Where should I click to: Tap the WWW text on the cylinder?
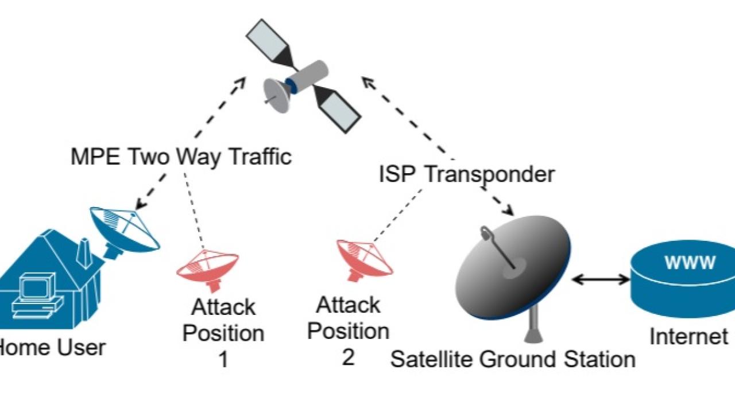pos(690,263)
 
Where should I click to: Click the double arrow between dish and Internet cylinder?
pos(601,279)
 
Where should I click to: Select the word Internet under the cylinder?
pos(688,337)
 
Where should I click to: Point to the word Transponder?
pos(489,174)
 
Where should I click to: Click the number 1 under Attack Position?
pos(223,360)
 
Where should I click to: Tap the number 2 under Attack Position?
pos(348,357)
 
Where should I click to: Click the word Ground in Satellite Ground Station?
pos(514,360)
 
